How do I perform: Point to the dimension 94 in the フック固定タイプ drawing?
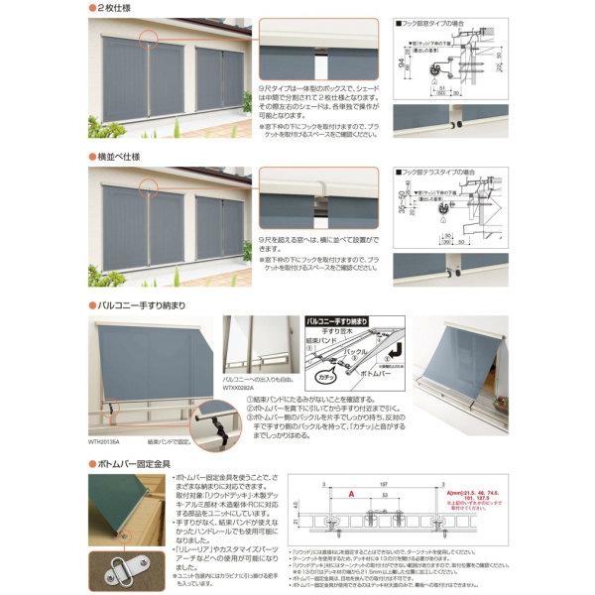point(400,67)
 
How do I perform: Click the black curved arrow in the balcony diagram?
point(392,348)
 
